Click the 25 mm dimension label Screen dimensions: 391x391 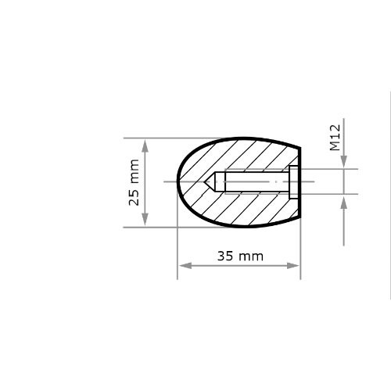coord(134,182)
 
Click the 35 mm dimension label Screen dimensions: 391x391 coord(240,256)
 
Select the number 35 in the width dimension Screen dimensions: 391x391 coord(226,256)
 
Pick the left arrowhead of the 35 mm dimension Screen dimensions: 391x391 coord(183,267)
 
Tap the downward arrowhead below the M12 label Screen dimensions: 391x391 coord(344,163)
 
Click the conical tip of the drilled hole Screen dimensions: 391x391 coord(209,182)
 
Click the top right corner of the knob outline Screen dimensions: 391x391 coord(300,149)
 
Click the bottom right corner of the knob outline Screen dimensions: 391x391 coord(300,218)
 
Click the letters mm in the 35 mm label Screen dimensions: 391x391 coord(251,256)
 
